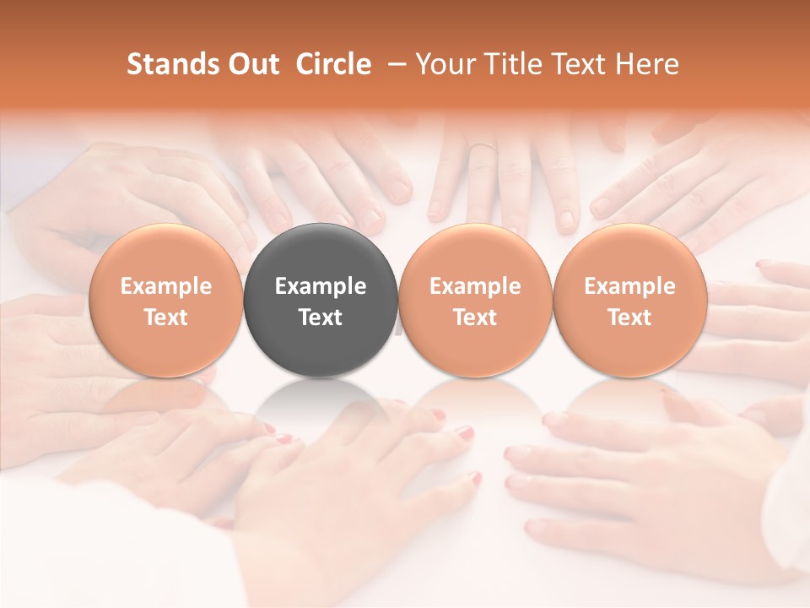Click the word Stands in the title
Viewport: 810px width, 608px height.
170,64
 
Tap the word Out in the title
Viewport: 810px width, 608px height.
251,64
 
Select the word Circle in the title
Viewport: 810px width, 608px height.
333,64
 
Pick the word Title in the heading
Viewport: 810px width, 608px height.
509,64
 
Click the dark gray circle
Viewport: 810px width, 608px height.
321,299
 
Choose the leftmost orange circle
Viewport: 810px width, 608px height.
166,299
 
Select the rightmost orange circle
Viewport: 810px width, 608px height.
629,299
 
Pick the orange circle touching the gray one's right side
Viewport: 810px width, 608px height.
475,299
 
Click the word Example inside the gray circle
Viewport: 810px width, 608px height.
321,286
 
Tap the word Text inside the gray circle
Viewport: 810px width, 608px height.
321,318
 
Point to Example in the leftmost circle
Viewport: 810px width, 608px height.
166,286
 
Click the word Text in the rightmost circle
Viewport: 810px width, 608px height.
629,318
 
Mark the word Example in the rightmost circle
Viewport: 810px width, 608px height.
629,286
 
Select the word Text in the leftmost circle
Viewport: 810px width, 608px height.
166,318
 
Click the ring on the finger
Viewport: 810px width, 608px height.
483,148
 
